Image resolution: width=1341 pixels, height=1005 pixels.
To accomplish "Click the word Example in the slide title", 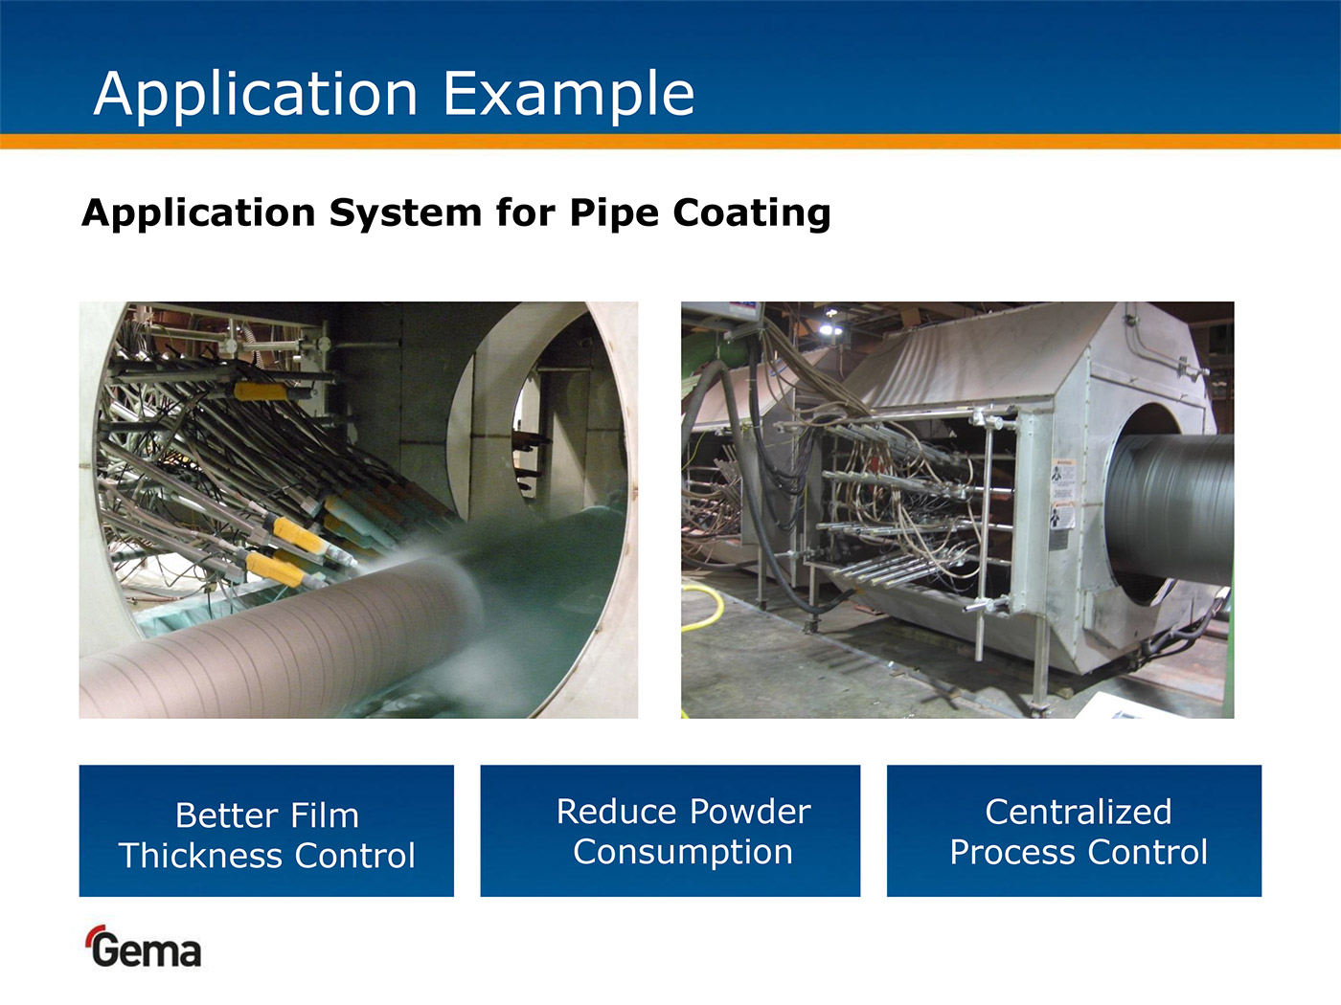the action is click(x=569, y=95).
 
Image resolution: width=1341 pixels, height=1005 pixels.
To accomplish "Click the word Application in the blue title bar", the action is click(x=256, y=95).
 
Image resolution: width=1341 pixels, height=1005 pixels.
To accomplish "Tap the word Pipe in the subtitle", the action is click(x=613, y=213).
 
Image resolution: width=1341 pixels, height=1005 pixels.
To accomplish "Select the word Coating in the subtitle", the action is click(x=752, y=213).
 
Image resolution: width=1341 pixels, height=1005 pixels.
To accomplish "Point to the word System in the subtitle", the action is click(x=405, y=213).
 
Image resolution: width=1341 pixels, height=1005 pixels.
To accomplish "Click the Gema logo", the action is click(x=143, y=947).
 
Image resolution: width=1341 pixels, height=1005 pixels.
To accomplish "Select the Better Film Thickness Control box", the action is click(x=266, y=831).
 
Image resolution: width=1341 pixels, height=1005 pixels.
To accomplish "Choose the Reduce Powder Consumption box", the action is click(x=670, y=831).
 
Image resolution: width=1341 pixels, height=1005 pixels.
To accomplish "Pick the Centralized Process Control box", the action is click(x=1074, y=831).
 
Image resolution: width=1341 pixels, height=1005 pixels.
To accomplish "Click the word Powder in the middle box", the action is click(x=750, y=812).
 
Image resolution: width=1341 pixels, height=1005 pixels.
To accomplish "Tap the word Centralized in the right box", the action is click(x=1079, y=813).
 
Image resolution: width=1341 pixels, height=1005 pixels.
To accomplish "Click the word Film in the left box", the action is click(x=325, y=815).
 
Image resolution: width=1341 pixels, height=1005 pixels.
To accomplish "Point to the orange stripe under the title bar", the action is click(x=670, y=142).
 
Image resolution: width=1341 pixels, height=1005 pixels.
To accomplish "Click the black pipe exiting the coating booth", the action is click(x=1170, y=509).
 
